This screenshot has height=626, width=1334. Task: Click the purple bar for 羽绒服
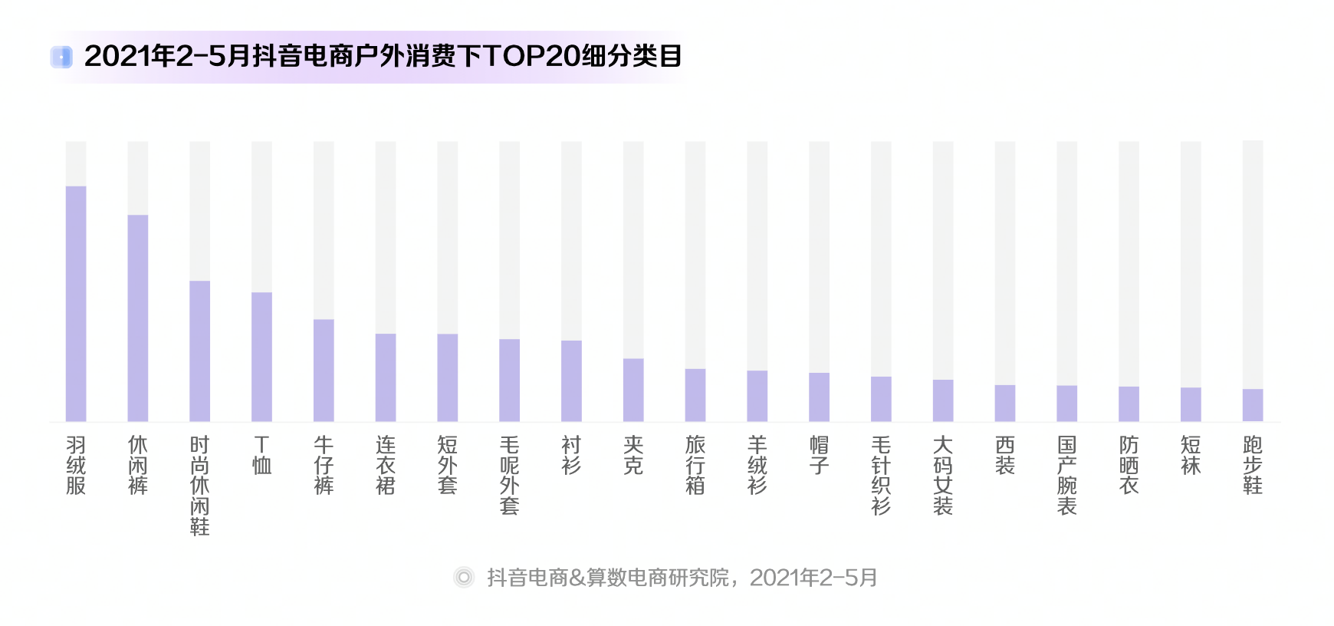[x=76, y=303]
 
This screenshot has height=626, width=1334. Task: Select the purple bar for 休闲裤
[x=138, y=318]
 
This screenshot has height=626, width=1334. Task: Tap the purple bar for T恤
[x=261, y=357]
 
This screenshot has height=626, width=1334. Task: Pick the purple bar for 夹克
[x=633, y=390]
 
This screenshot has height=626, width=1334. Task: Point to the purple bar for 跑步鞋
[x=1253, y=405]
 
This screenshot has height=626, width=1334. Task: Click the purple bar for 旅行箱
[x=695, y=395]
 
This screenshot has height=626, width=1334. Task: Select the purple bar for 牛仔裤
[x=324, y=370]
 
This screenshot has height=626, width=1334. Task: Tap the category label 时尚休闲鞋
[x=199, y=485]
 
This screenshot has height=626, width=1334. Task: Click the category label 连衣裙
[x=386, y=465]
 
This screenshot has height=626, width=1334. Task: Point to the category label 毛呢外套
[x=509, y=475]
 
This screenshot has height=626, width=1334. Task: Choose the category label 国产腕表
[x=1066, y=475]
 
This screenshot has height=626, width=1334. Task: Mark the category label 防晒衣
[x=1129, y=465]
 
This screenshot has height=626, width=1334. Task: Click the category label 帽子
[x=819, y=455]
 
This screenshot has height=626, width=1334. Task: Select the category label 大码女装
[x=943, y=475]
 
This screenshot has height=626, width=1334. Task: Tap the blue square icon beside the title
[x=61, y=57]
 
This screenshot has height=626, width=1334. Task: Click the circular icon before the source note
[x=464, y=577]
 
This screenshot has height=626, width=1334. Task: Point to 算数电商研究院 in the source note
[x=658, y=577]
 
